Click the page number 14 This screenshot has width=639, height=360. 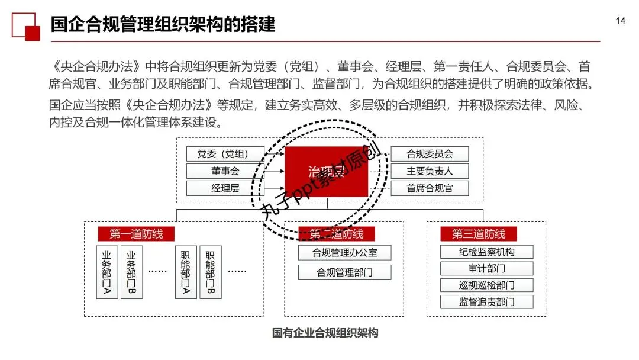(x=620, y=21)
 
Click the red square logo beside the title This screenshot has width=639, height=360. (x=25, y=27)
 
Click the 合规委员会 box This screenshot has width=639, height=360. (x=430, y=154)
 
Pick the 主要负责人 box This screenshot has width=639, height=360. (x=430, y=171)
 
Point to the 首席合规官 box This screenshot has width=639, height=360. (x=430, y=188)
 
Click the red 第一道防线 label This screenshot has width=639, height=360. (x=136, y=234)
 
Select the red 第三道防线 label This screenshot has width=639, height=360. (x=479, y=234)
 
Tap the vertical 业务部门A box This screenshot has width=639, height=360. (x=107, y=272)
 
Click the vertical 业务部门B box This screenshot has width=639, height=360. (x=131, y=272)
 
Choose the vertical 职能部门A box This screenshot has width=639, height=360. (x=186, y=272)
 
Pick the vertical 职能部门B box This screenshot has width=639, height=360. (x=210, y=272)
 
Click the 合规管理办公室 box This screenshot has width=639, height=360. (x=344, y=252)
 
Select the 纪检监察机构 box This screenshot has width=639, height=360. (x=486, y=252)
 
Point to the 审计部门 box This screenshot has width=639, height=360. (x=486, y=268)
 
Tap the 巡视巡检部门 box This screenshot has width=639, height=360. (x=486, y=285)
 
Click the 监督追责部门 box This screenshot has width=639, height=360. (x=486, y=302)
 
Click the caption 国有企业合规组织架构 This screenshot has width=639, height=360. (x=325, y=333)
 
